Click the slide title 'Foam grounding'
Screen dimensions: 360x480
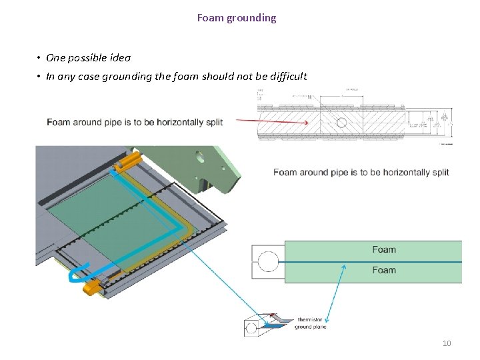point(236,18)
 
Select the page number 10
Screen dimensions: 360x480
point(447,343)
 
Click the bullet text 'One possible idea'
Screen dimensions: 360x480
point(89,58)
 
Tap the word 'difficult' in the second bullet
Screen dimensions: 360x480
point(287,76)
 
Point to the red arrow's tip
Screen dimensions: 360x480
point(307,123)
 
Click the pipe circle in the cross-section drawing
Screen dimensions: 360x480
point(341,123)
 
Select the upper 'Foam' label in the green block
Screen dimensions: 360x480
point(384,249)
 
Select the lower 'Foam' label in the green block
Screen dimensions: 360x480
point(384,270)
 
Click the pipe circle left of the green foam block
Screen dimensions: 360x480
point(268,261)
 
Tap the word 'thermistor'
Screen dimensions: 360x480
point(310,320)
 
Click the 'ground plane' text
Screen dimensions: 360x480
point(310,327)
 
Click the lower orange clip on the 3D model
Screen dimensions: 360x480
point(92,287)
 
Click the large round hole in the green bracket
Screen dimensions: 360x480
point(199,158)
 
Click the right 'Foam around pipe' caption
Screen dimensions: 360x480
point(361,172)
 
